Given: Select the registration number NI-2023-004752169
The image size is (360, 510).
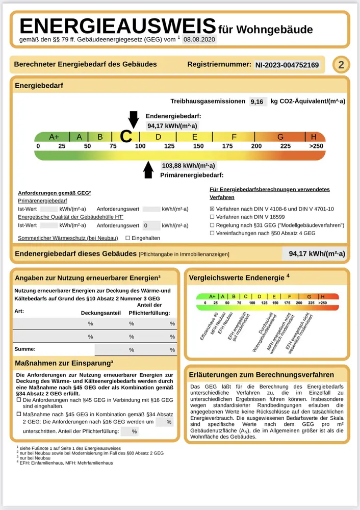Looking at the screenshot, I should pyautogui.click(x=287, y=65).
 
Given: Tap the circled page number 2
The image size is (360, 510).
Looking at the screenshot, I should pyautogui.click(x=341, y=65).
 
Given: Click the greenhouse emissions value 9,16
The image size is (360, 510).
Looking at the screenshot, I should pyautogui.click(x=257, y=101).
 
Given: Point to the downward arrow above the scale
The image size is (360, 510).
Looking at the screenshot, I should pyautogui.click(x=133, y=119).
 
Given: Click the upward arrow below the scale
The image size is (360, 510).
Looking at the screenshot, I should pyautogui.click(x=149, y=169).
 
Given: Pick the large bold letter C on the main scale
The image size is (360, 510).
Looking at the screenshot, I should pyautogui.click(x=126, y=136).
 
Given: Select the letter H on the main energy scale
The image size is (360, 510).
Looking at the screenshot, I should pyautogui.click(x=314, y=137).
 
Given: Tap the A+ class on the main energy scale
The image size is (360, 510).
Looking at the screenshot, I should pyautogui.click(x=54, y=137).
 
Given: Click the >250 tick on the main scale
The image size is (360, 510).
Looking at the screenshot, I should pyautogui.click(x=316, y=146).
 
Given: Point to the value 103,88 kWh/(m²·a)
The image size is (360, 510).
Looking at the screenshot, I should pyautogui.click(x=188, y=166).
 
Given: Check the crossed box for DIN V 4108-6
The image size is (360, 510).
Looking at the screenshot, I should pyautogui.click(x=213, y=209).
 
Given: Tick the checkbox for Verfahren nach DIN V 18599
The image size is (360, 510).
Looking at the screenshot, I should pyautogui.click(x=213, y=217).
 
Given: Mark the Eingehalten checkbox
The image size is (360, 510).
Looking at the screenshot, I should pyautogui.click(x=127, y=238).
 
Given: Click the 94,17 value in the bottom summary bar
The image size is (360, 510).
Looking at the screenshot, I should pyautogui.click(x=317, y=253).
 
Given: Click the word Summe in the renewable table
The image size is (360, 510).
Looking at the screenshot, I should pyautogui.click(x=25, y=349).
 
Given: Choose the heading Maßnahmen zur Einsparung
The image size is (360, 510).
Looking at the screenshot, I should pyautogui.click(x=64, y=363).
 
